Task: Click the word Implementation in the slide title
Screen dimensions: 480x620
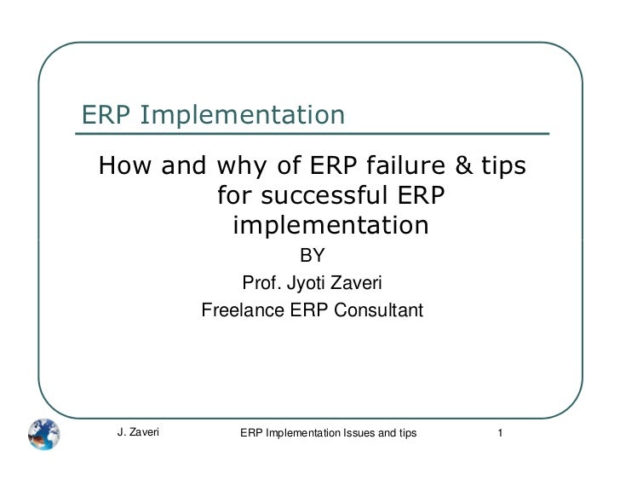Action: (x=243, y=115)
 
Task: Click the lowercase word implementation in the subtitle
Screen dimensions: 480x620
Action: (x=330, y=227)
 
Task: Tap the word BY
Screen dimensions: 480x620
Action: (x=310, y=256)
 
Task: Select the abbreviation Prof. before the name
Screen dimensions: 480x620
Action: (x=259, y=283)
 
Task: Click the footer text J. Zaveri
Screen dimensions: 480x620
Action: (x=138, y=433)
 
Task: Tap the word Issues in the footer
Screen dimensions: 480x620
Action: (x=359, y=433)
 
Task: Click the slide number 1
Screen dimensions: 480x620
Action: (x=502, y=433)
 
